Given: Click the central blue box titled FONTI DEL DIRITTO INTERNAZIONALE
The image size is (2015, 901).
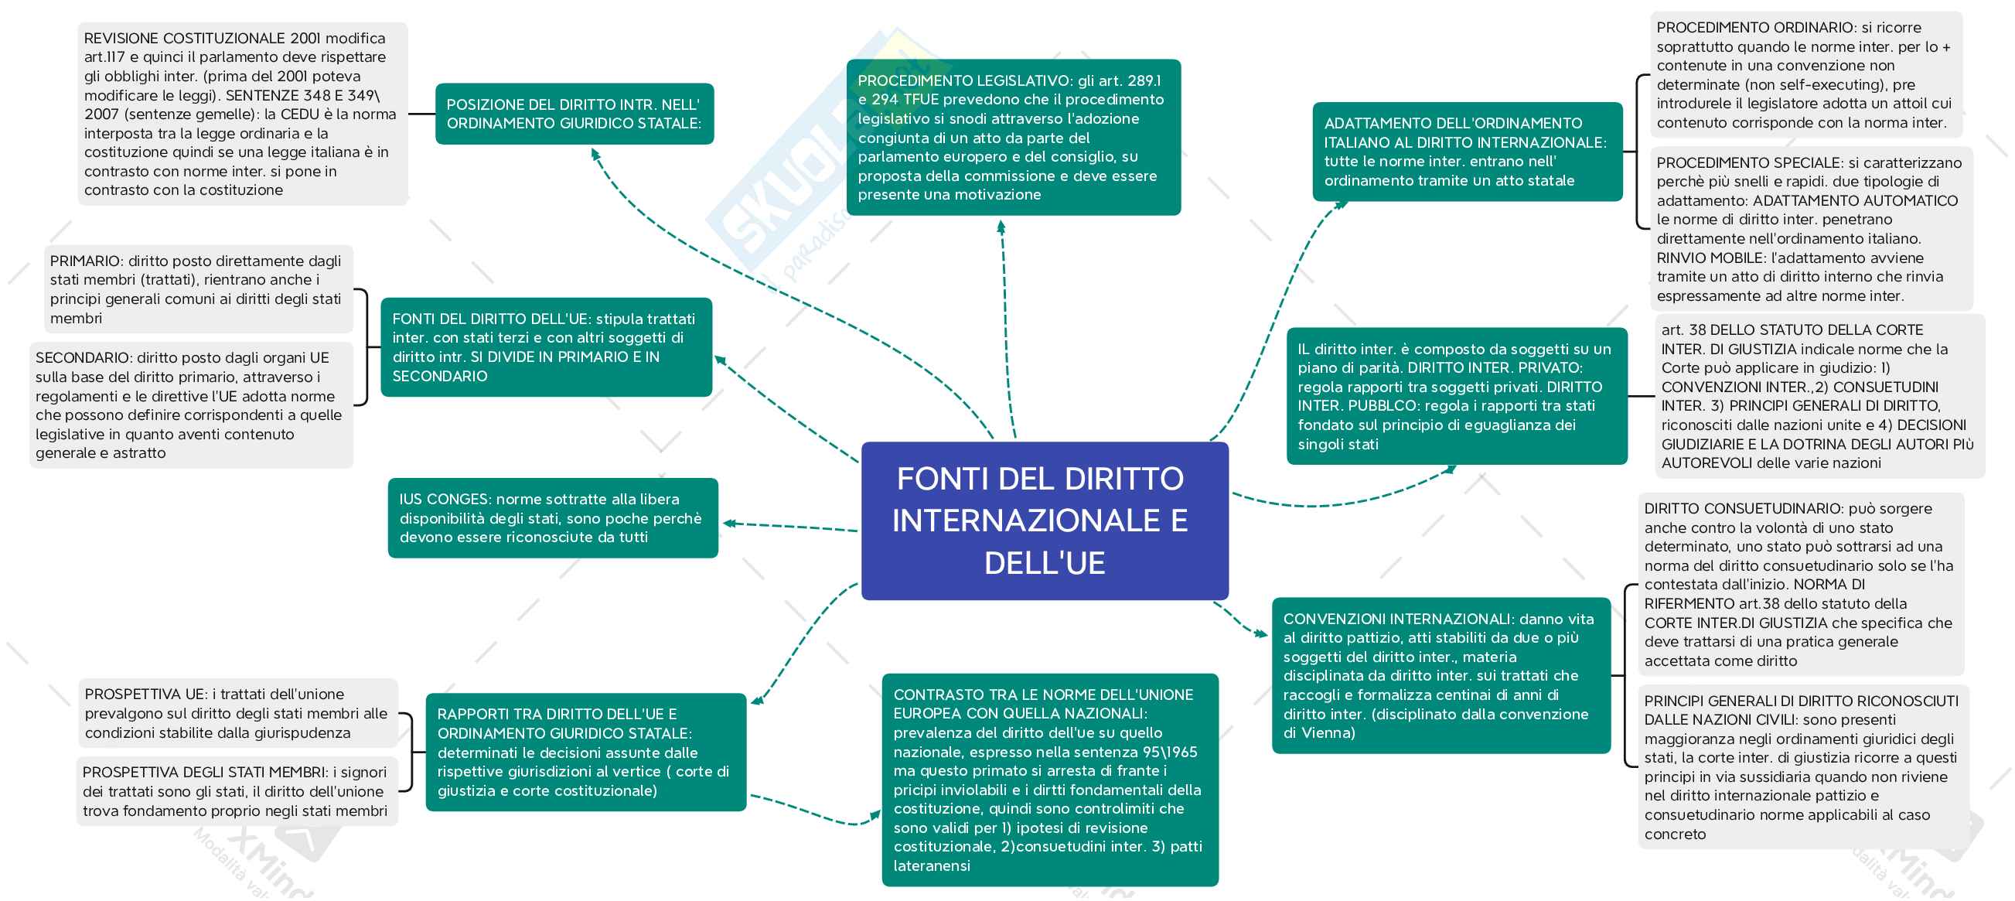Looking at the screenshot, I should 1045,520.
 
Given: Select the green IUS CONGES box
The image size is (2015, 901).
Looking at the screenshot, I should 552,517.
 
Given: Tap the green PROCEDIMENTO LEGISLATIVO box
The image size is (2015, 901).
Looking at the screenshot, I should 1013,138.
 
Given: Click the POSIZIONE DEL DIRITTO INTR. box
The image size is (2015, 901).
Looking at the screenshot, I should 574,114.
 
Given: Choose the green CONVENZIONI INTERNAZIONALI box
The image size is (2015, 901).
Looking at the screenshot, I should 1440,676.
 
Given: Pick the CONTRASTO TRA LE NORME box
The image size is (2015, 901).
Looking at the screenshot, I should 1050,780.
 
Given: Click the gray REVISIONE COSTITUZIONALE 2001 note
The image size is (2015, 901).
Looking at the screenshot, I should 243,114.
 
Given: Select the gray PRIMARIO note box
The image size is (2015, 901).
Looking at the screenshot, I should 199,289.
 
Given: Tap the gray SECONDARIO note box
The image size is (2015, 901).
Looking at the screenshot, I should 191,405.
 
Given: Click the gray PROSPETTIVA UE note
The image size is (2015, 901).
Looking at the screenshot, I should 238,713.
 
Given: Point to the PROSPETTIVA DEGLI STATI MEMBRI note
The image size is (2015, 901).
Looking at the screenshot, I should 237,791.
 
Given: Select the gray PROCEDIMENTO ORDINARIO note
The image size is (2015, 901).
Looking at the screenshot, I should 1805,75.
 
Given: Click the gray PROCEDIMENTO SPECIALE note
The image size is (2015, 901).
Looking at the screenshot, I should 1810,229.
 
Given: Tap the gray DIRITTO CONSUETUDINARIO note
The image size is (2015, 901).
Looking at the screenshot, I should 1801,584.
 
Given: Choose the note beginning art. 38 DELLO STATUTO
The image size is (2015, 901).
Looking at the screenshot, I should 1818,397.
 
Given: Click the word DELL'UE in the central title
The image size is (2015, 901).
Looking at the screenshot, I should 1045,563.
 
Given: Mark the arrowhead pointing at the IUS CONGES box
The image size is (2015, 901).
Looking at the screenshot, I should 728,524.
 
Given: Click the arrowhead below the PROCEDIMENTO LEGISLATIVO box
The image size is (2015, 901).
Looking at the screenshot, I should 1001,227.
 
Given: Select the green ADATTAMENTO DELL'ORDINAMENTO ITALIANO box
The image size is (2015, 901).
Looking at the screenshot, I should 1467,152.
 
